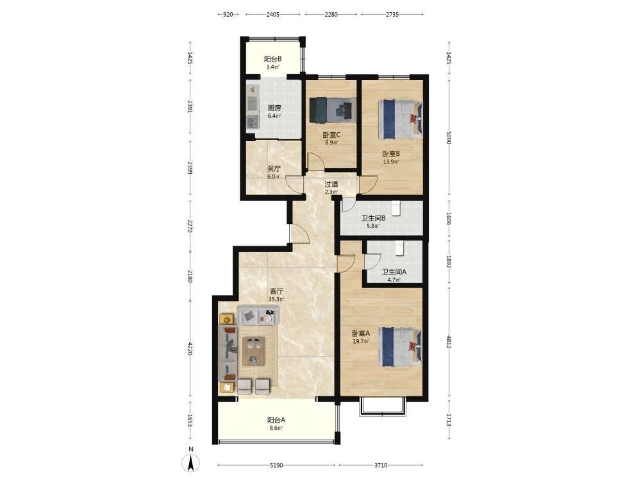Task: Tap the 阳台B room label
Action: [x=272, y=59]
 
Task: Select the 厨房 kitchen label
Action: [x=274, y=108]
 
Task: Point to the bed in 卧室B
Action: [x=401, y=119]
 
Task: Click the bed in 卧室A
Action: [x=401, y=346]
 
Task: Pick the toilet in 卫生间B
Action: [x=396, y=208]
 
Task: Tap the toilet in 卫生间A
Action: [x=399, y=248]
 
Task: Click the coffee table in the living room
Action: [x=254, y=351]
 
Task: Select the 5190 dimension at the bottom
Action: [x=276, y=465]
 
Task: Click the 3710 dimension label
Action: [x=381, y=465]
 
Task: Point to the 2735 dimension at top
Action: [x=392, y=14]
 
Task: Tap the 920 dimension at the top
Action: [x=228, y=14]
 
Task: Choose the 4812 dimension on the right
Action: [x=449, y=342]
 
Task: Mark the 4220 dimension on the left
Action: [x=190, y=348]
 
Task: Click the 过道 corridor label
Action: [x=331, y=184]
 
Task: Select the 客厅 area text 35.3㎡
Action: [x=276, y=299]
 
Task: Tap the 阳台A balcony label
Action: [x=276, y=420]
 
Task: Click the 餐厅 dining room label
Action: [x=274, y=169]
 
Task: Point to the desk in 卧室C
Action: [x=343, y=110]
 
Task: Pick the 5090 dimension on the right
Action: [x=449, y=137]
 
